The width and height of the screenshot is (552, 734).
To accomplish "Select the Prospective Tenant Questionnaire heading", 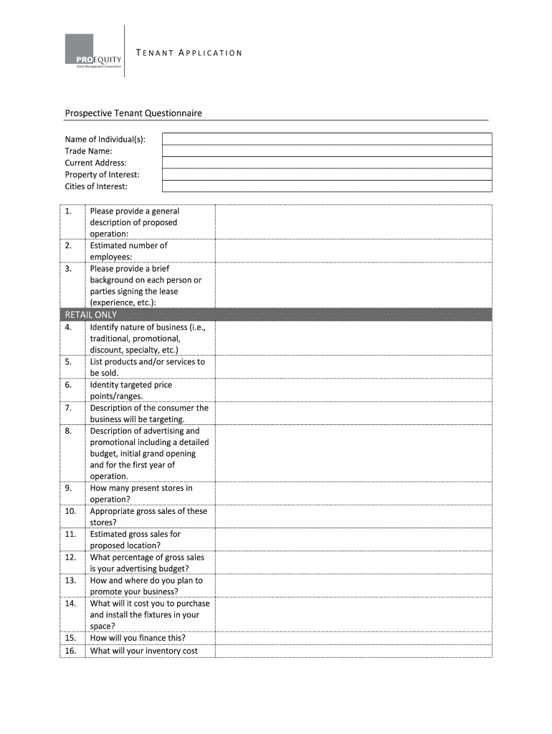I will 133,113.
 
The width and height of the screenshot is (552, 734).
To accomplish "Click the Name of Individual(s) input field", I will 327,139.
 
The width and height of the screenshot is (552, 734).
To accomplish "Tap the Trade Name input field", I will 327,151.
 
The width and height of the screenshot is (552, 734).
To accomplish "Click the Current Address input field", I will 327,163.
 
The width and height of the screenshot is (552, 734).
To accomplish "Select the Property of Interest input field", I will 327,174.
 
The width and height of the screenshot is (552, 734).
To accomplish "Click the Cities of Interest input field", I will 327,186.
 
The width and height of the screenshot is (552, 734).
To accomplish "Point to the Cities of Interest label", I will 96,186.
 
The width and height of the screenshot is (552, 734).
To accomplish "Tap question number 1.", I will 68,211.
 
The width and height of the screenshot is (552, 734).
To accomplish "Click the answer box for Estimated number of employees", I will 353,251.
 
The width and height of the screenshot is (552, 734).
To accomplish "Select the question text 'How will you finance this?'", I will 138,638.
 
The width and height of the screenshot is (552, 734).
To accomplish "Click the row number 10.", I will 70,511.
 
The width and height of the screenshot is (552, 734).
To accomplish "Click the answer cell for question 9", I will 353,494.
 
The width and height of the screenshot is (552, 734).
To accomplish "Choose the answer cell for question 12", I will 353,563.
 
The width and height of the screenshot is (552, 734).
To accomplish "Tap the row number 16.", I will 70,651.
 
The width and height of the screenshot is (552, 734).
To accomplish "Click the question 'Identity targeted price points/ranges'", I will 130,390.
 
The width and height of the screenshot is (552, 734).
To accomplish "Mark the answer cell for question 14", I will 353,614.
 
